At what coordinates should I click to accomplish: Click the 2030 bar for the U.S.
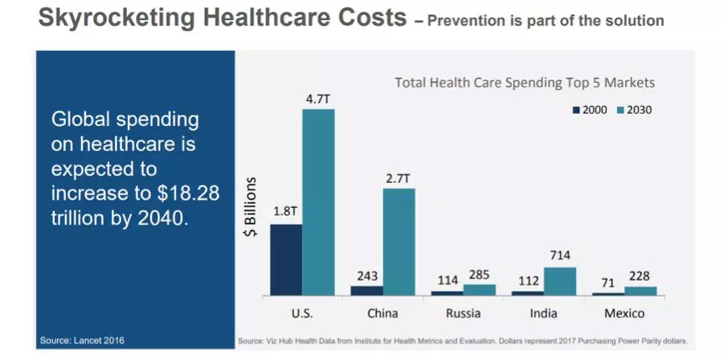click(x=318, y=202)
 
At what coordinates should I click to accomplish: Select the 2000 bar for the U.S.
click(x=286, y=259)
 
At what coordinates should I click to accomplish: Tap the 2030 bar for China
click(x=398, y=241)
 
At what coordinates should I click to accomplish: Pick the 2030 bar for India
click(x=559, y=281)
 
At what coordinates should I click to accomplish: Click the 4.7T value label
click(x=318, y=99)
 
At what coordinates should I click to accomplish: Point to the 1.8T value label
click(x=286, y=212)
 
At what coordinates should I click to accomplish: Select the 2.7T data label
click(x=398, y=178)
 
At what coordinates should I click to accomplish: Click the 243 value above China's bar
click(x=366, y=275)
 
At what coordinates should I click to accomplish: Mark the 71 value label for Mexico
click(x=608, y=282)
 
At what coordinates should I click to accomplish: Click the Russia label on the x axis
click(x=463, y=313)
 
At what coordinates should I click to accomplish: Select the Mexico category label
click(x=624, y=313)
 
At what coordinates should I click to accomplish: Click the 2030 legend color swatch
click(x=620, y=109)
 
